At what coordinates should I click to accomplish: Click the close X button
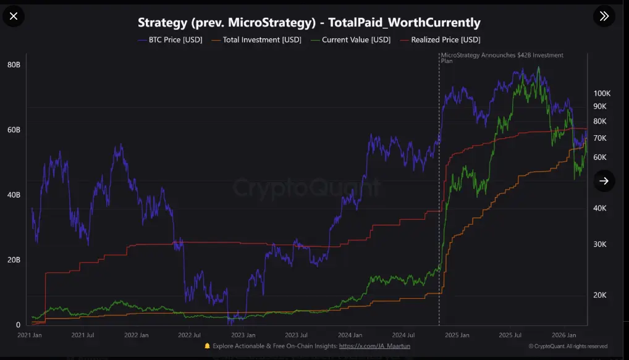tap(14, 16)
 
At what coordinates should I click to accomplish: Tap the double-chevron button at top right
tap(604, 16)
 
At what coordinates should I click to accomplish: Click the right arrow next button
tap(604, 180)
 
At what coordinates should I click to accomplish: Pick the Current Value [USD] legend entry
tap(351, 40)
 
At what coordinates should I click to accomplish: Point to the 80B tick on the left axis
tap(14, 65)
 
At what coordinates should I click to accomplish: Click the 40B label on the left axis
tap(14, 195)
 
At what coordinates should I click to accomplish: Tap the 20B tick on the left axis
tap(14, 260)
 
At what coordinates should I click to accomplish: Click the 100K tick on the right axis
tap(602, 93)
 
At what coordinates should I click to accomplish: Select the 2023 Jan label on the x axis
tap(242, 335)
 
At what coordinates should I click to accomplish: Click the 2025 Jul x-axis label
tap(510, 335)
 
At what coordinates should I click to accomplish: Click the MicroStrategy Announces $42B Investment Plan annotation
tap(502, 58)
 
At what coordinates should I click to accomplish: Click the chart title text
tap(308, 23)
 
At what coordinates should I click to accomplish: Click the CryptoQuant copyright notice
tap(568, 346)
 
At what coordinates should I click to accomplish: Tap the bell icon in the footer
tap(207, 346)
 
